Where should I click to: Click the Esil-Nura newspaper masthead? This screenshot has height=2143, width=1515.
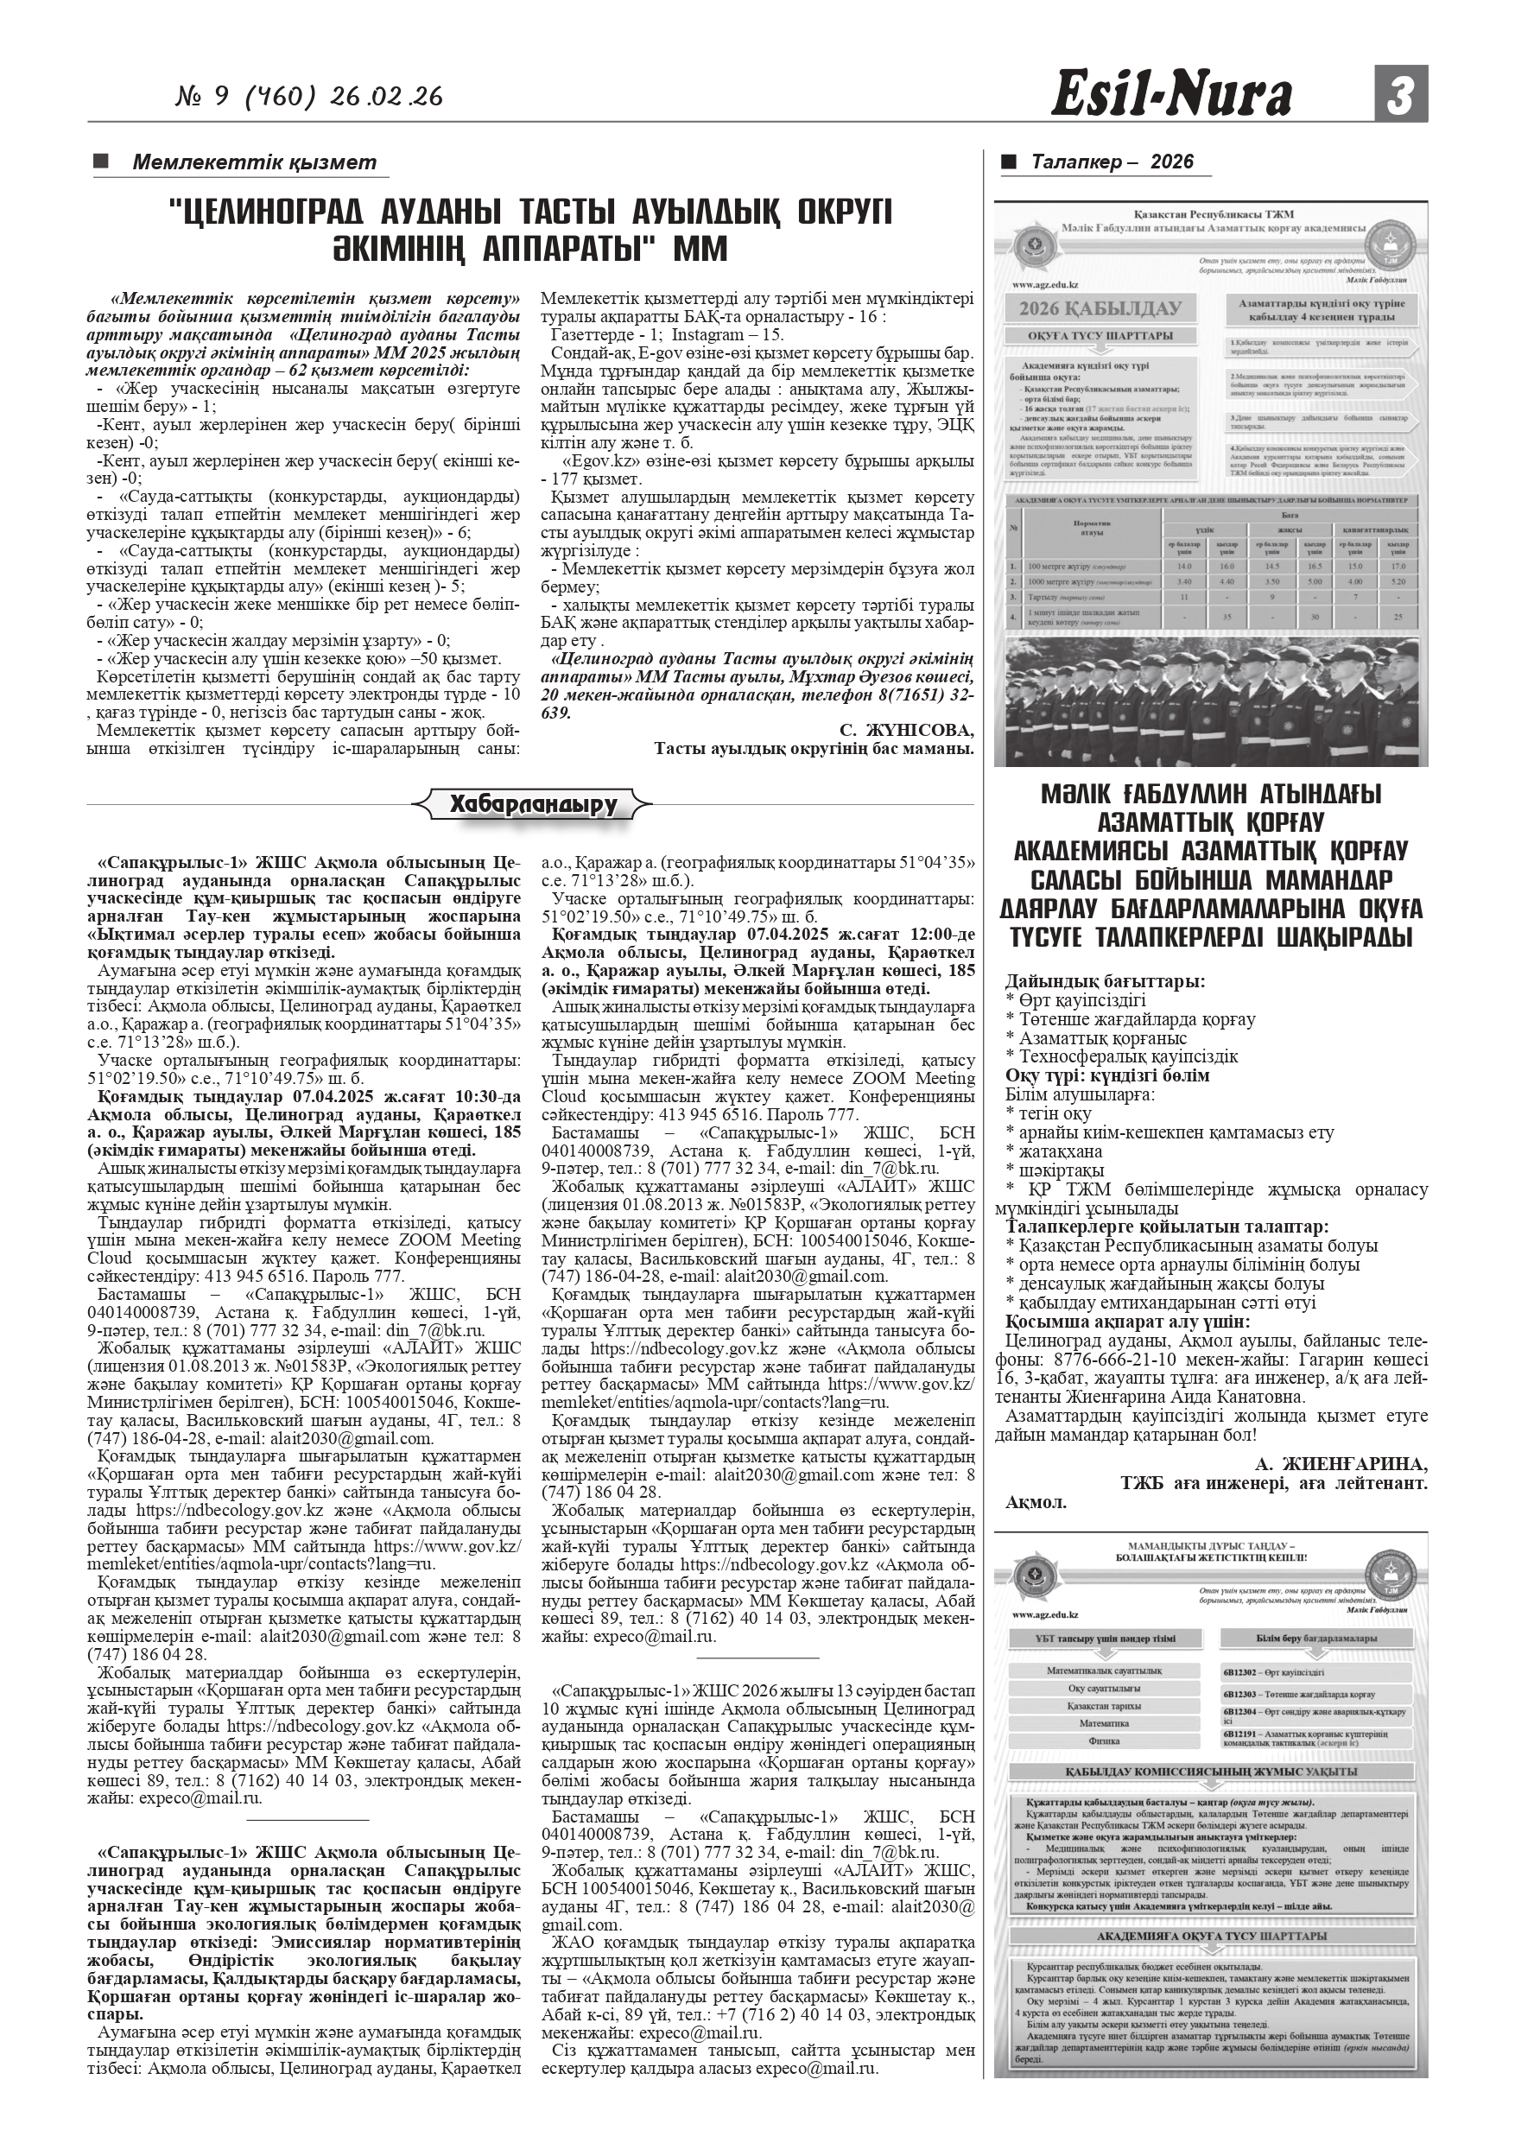coord(1171,96)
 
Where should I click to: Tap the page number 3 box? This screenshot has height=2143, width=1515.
coord(1400,94)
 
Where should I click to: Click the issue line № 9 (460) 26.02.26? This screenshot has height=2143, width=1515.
coord(309,97)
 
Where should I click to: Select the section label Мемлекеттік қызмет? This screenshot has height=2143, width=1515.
coord(254,162)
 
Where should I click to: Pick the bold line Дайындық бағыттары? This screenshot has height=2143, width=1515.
coord(1106,981)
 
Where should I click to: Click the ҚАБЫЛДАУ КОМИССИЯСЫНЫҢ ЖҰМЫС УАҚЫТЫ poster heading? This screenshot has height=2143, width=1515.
coord(1211,1772)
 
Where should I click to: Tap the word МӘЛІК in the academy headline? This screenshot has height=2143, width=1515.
coord(1076,796)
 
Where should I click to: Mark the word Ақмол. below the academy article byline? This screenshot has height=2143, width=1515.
coord(1036,1503)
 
